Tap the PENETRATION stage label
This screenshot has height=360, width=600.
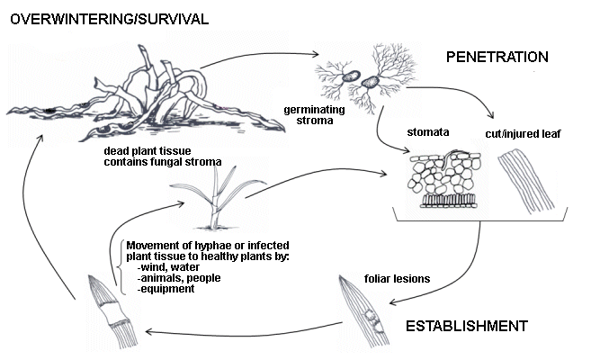(x=497, y=58)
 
